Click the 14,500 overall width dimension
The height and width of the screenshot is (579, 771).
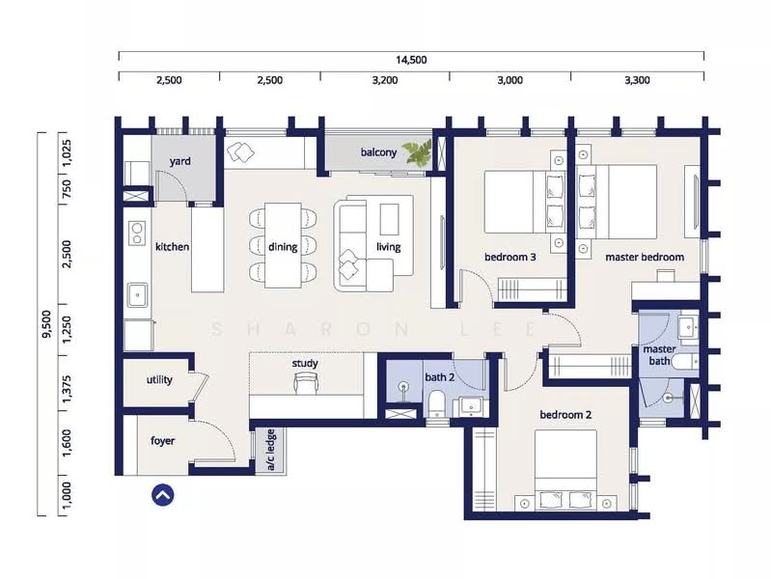point(411,60)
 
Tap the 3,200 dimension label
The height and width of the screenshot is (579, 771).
point(385,80)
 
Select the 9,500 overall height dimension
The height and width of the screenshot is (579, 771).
point(46,324)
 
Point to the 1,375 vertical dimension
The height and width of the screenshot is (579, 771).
point(67,393)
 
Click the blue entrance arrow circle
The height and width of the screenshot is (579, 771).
point(163,495)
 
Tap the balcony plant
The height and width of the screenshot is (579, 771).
point(418,152)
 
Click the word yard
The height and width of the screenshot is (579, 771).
point(180,161)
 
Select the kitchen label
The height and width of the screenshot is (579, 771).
point(172,246)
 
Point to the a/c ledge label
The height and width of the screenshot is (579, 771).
point(270,450)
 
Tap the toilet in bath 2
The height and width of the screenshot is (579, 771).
point(436,404)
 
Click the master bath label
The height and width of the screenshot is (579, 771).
point(659,355)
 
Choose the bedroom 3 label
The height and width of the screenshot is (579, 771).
point(509,257)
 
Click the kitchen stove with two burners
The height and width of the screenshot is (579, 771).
point(137,234)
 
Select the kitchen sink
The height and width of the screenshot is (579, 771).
point(138,294)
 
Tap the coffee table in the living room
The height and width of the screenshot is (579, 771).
point(390,219)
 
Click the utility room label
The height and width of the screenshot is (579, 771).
point(159,380)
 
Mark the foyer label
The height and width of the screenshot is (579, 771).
point(162,441)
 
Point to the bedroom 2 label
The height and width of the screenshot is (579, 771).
point(565,415)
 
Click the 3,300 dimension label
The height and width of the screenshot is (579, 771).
point(637,80)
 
